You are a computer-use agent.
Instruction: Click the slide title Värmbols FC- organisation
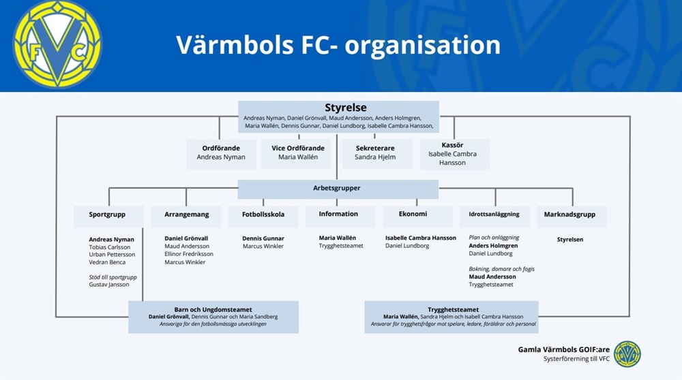[338, 45]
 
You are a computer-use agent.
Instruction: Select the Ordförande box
[221, 153]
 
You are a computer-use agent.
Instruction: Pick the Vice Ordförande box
[298, 153]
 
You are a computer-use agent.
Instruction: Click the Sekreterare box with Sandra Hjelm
[374, 153]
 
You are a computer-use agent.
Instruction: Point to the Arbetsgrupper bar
[338, 189]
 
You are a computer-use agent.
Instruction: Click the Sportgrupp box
[108, 215]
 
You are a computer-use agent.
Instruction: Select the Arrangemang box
[186, 215]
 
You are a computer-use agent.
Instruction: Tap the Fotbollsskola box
[263, 215]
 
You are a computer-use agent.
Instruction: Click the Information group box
[338, 215]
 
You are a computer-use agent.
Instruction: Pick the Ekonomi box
[416, 215]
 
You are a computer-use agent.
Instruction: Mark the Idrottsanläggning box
[494, 215]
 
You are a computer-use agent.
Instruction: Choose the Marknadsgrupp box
[570, 215]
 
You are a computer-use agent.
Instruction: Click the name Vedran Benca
[107, 262]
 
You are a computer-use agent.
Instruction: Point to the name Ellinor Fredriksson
[189, 254]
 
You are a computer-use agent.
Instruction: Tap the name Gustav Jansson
[109, 285]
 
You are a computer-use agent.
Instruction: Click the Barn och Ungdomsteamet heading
[213, 309]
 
